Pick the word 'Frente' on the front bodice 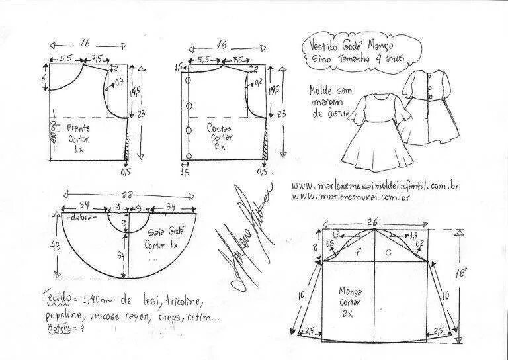point(77,128)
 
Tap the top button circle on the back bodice point(189,80)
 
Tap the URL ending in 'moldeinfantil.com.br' point(374,186)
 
